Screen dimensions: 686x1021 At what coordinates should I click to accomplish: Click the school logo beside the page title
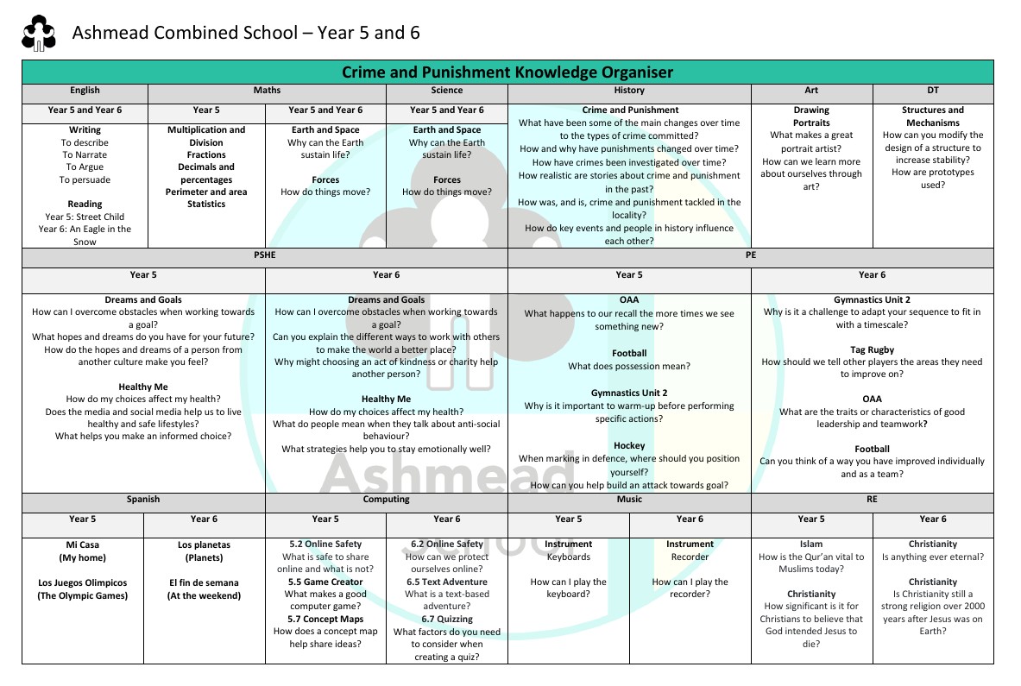click(39, 34)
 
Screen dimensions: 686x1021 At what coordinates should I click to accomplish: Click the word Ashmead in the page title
click(108, 33)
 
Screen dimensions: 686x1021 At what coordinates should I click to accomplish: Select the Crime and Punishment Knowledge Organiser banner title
click(507, 72)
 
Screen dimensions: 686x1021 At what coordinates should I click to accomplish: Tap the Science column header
click(447, 90)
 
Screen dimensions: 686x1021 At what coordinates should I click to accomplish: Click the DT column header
click(933, 90)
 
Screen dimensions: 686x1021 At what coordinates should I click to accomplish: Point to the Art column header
click(811, 90)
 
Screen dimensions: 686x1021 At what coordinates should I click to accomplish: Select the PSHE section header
click(265, 255)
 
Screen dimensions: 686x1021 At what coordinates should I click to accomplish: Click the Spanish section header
click(143, 499)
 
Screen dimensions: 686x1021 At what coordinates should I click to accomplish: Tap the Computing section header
click(386, 499)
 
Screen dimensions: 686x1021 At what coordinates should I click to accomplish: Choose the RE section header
click(872, 499)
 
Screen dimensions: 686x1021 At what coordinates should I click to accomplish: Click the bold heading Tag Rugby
click(872, 349)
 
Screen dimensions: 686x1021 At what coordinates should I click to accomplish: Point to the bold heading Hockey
click(629, 446)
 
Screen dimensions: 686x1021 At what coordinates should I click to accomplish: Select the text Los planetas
click(205, 544)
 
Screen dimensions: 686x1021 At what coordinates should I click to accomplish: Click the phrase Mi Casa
click(82, 544)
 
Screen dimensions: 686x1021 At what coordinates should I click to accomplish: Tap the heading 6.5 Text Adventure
click(446, 582)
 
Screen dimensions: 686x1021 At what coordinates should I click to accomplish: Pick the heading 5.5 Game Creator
click(325, 582)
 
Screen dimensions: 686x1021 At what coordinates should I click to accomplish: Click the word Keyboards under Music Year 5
click(569, 557)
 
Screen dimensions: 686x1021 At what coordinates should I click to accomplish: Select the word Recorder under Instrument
click(690, 557)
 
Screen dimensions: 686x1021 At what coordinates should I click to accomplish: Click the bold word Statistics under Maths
click(206, 205)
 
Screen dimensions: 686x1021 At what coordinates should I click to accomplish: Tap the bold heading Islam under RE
click(811, 544)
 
